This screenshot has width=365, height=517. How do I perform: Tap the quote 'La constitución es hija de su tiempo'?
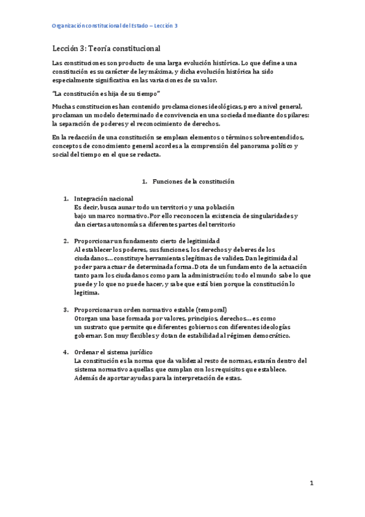106,93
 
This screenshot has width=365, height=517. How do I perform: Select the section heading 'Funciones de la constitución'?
193,182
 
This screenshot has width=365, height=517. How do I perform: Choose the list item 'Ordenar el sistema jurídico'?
113,352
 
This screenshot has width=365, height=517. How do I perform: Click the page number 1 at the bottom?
311,483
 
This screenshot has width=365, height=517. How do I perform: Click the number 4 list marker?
66,352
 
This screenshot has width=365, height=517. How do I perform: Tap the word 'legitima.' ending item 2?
87,293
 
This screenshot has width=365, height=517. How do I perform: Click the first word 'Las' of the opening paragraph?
58,63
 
